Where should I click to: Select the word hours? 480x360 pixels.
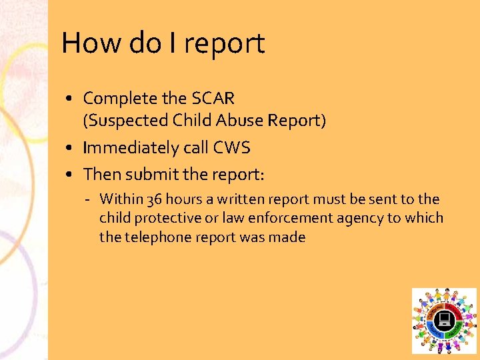click(184, 199)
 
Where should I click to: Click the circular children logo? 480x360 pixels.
click(444, 321)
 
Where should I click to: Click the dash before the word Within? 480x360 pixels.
click(89, 199)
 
